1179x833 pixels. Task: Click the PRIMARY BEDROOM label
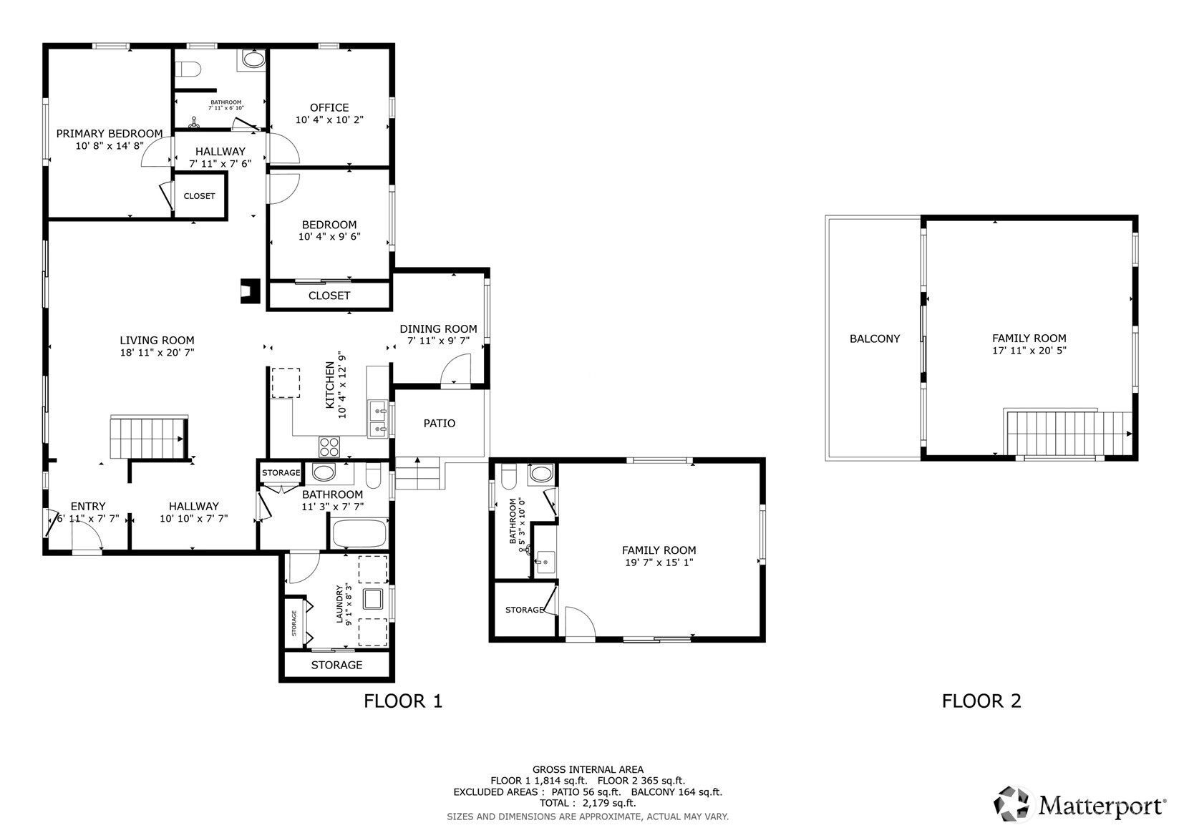110,134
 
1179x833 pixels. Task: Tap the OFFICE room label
329,107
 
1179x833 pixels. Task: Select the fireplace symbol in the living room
251,291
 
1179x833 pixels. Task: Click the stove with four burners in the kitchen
329,447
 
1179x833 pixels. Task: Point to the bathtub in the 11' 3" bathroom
359,533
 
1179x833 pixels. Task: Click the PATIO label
440,423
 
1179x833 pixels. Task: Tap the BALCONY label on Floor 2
875,339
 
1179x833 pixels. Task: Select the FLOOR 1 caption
403,701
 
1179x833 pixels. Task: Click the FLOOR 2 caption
981,701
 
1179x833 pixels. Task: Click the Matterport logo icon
1011,804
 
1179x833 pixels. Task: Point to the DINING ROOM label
438,329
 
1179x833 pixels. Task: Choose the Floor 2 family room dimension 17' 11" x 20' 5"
1029,351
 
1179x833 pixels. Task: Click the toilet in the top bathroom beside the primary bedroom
188,69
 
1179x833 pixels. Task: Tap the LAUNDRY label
339,605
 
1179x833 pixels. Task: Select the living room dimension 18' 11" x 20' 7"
157,353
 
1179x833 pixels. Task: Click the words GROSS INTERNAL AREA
588,770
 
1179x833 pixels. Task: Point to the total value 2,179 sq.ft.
609,803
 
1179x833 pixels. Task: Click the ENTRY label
88,506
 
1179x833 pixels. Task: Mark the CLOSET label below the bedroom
329,296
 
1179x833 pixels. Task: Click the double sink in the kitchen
378,419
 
